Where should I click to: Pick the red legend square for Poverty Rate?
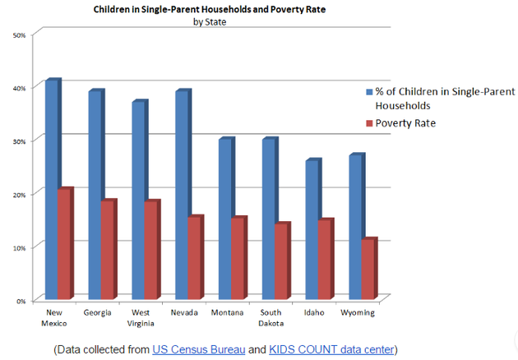pos(368,122)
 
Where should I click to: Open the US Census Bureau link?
pos(197,349)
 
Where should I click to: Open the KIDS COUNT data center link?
pos(331,349)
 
